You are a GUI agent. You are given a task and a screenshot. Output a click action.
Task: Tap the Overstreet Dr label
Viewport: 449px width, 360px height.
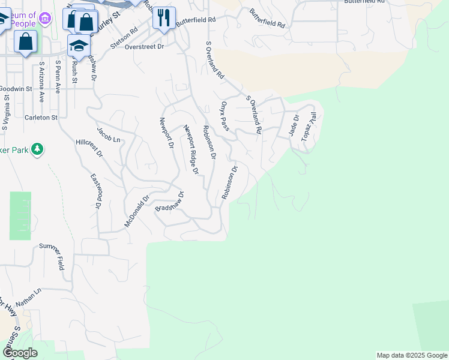144,46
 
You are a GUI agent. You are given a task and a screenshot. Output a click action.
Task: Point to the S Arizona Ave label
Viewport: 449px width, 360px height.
41,77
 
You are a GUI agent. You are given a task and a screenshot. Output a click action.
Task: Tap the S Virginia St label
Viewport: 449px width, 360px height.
6,113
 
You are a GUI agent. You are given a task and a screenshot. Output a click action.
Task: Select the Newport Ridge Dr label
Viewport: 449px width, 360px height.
191,149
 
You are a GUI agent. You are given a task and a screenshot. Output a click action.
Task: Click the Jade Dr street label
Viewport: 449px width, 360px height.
294,127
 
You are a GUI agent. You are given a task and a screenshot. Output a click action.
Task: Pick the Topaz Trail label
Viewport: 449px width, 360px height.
309,126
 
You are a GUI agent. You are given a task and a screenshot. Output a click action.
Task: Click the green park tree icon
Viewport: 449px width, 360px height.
37,148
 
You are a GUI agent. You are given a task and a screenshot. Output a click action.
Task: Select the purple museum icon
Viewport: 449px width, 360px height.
44,19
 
